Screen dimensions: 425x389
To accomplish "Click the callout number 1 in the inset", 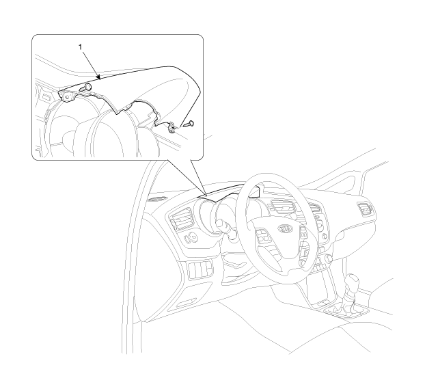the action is click(x=80, y=47).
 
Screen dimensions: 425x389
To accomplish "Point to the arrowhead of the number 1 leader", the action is click(x=99, y=78).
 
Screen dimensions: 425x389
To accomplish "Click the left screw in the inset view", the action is click(x=85, y=87).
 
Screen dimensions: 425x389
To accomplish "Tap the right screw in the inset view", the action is click(x=189, y=124).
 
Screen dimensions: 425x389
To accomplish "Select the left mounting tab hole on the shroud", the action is click(x=67, y=96).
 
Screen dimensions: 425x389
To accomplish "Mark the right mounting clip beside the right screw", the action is click(x=172, y=128).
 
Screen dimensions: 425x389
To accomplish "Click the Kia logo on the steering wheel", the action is click(x=286, y=229).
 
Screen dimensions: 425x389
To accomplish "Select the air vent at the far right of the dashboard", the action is click(x=366, y=209).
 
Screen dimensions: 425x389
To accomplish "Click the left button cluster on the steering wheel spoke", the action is click(x=264, y=238).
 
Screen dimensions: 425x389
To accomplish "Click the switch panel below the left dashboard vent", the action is click(x=201, y=269).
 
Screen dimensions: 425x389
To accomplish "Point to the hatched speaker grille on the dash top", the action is click(x=158, y=198).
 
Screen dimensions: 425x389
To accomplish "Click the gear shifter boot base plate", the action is click(x=348, y=311).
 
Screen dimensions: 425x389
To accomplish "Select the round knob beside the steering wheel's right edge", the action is click(x=328, y=258).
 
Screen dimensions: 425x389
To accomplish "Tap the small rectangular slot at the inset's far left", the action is click(x=47, y=97).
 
